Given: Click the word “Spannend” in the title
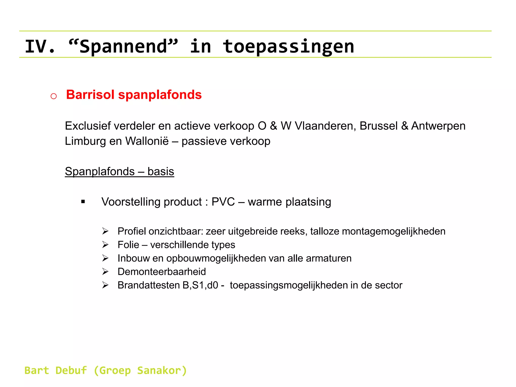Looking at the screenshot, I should (123, 47).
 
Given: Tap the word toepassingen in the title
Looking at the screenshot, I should (288, 47).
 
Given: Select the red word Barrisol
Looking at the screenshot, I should (90, 95).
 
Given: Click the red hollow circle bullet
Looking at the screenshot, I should (53, 96).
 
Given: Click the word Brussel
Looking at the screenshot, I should (378, 126).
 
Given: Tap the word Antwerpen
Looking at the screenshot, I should (438, 126).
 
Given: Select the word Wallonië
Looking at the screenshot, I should (147, 141).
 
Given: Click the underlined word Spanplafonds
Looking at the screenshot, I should (100, 172).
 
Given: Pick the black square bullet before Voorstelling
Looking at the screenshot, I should (83, 202).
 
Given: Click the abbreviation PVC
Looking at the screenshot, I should (223, 202).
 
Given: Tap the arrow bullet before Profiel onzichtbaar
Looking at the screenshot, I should (105, 231).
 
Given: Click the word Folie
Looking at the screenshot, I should (128, 245).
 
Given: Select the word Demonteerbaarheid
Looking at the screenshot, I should (162, 272).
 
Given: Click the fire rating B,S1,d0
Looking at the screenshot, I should (200, 285).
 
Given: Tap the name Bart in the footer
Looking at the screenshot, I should (37, 371).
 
